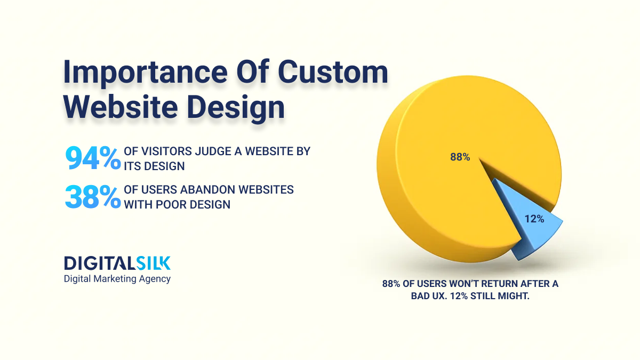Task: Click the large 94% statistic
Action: coord(93,158)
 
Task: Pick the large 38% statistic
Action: coord(93,196)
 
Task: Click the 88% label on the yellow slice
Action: coord(459,157)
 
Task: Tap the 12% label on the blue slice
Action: coord(533,219)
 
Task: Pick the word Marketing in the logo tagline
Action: coord(116,279)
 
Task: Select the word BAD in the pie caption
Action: coord(420,297)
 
